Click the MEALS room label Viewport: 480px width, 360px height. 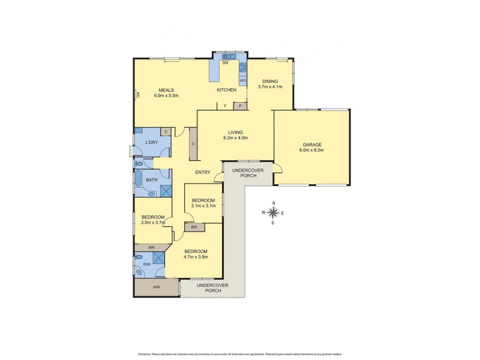pos(166,91)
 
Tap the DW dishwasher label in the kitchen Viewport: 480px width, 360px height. pos(225,63)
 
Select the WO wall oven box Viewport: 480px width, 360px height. pos(243,80)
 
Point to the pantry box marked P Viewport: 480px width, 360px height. pos(241,106)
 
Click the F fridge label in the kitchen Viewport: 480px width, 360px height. pos(225,106)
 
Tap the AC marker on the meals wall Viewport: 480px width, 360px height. pos(137,94)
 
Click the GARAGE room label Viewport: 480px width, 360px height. pos(312,145)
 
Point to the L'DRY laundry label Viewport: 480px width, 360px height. pos(151,142)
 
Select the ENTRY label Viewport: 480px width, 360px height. pos(202,173)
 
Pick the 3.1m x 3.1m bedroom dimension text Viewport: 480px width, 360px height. pos(203,206)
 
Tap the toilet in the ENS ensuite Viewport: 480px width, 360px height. pos(139,257)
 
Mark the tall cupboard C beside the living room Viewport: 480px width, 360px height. pos(193,144)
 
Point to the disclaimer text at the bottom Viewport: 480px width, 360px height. pos(240,353)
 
